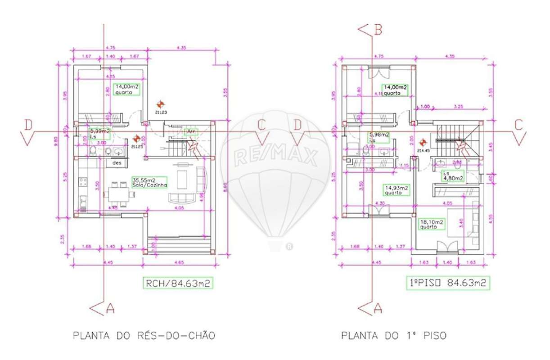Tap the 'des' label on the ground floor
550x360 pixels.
[x=117, y=163]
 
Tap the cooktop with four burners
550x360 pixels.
[x=83, y=182]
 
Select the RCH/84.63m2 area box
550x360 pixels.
[x=177, y=283]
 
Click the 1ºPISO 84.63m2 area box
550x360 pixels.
[x=447, y=283]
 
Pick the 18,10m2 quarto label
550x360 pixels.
[x=432, y=224]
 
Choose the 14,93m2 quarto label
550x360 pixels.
[x=396, y=190]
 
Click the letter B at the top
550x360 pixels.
[x=378, y=30]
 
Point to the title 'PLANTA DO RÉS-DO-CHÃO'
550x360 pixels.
[x=144, y=336]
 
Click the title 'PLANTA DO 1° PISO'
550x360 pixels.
[x=394, y=336]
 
